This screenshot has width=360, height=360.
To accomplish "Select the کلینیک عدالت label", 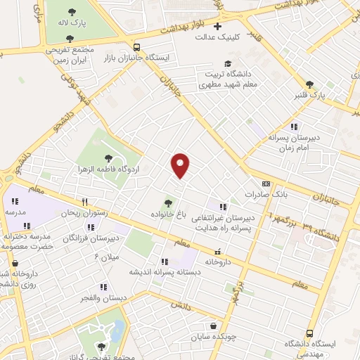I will click(217, 37).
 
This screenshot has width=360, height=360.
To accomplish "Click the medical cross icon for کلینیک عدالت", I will click(218, 26).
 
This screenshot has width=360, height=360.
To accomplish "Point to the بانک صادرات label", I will click(262, 193).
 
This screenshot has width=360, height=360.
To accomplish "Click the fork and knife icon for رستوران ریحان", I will click(84, 200).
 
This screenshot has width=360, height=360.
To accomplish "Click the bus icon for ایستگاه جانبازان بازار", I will click(136, 48).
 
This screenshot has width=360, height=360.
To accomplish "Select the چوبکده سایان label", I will click(212, 337).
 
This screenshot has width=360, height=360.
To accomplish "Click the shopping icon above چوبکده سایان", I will click(213, 326).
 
